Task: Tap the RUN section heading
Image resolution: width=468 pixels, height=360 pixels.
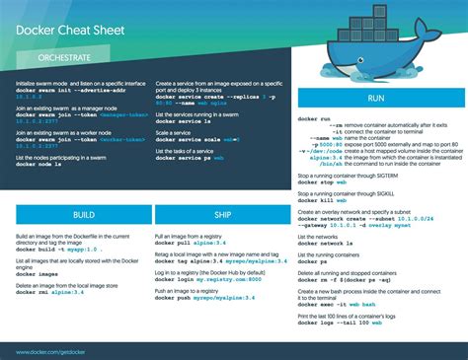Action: click(x=377, y=100)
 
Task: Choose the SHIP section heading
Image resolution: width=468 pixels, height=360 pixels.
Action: click(x=221, y=214)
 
